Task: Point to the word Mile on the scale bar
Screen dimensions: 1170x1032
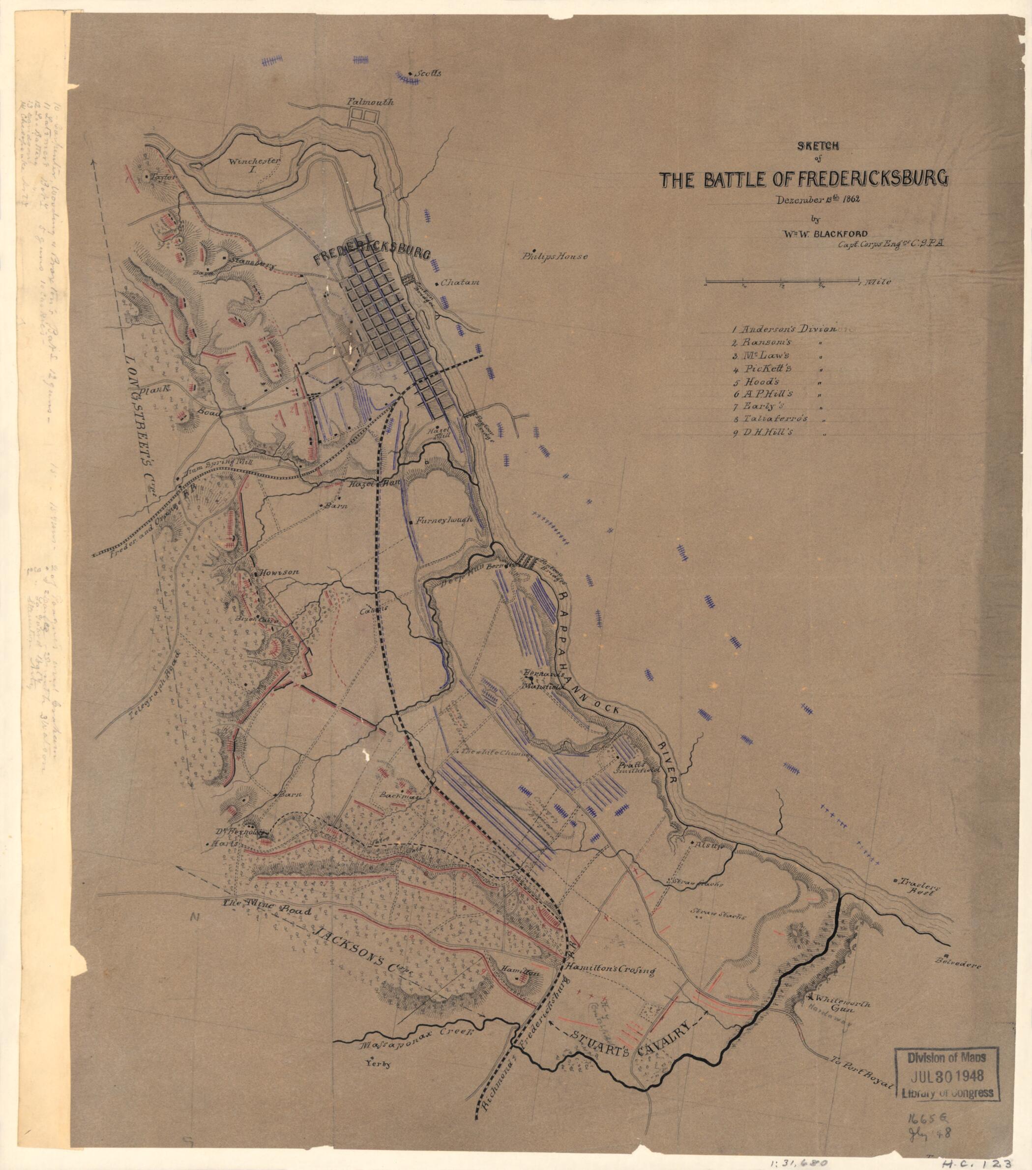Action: [883, 282]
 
